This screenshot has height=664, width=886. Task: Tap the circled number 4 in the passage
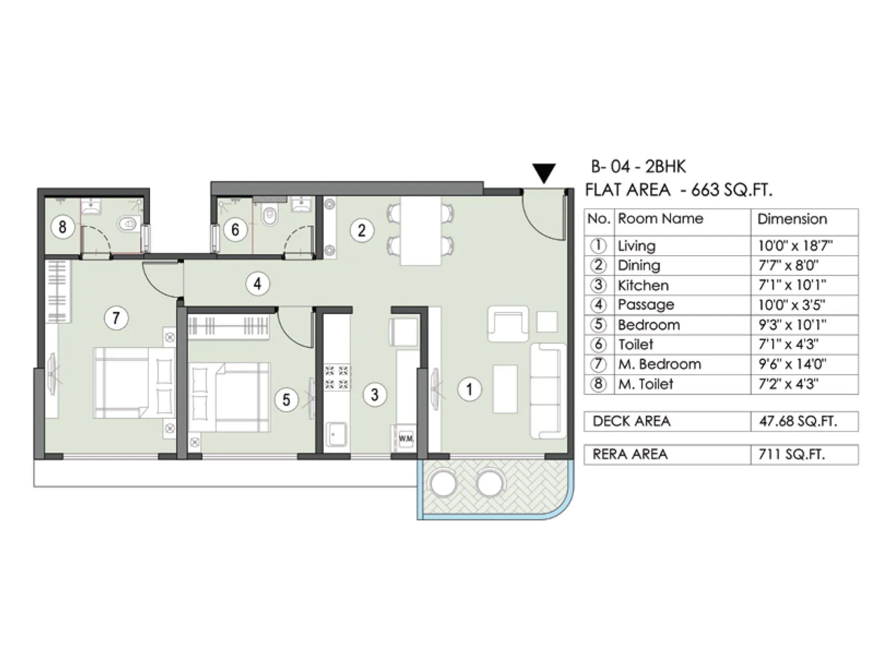(x=257, y=284)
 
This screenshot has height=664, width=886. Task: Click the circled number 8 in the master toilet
(x=62, y=226)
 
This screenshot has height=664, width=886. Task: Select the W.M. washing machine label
(x=406, y=438)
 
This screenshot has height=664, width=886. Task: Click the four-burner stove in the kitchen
(x=337, y=377)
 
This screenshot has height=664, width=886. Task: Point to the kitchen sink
(x=336, y=435)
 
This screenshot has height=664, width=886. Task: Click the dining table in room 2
(x=421, y=231)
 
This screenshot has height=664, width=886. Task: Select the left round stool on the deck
(x=443, y=483)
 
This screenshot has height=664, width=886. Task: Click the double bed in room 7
(x=133, y=382)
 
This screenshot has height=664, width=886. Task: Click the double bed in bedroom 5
(x=230, y=397)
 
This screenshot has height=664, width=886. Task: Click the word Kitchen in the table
(x=643, y=286)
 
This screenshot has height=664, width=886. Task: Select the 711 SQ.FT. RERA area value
(x=791, y=454)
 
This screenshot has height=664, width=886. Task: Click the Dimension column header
(x=792, y=219)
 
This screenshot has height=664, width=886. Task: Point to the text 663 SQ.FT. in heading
(x=731, y=190)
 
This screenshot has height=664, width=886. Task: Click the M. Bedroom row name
(x=659, y=364)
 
